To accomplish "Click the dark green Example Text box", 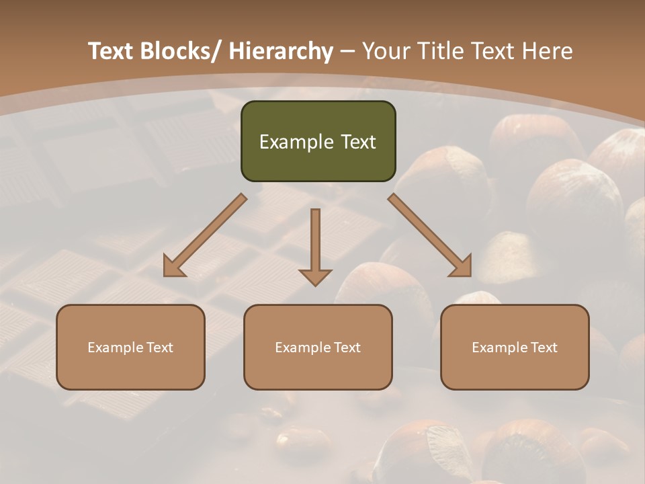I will (x=318, y=141).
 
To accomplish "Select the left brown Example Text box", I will (x=130, y=347).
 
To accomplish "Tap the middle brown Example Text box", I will (x=318, y=347).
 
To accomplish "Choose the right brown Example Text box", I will (x=515, y=347).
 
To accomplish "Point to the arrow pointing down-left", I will (x=206, y=235).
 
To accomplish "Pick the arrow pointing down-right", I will (x=429, y=235).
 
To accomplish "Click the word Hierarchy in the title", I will (x=281, y=51).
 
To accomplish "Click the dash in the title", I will (x=347, y=51).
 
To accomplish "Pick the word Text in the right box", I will (x=543, y=348).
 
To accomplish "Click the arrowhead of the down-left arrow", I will (x=173, y=267).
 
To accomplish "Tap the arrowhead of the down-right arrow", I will (x=461, y=267).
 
